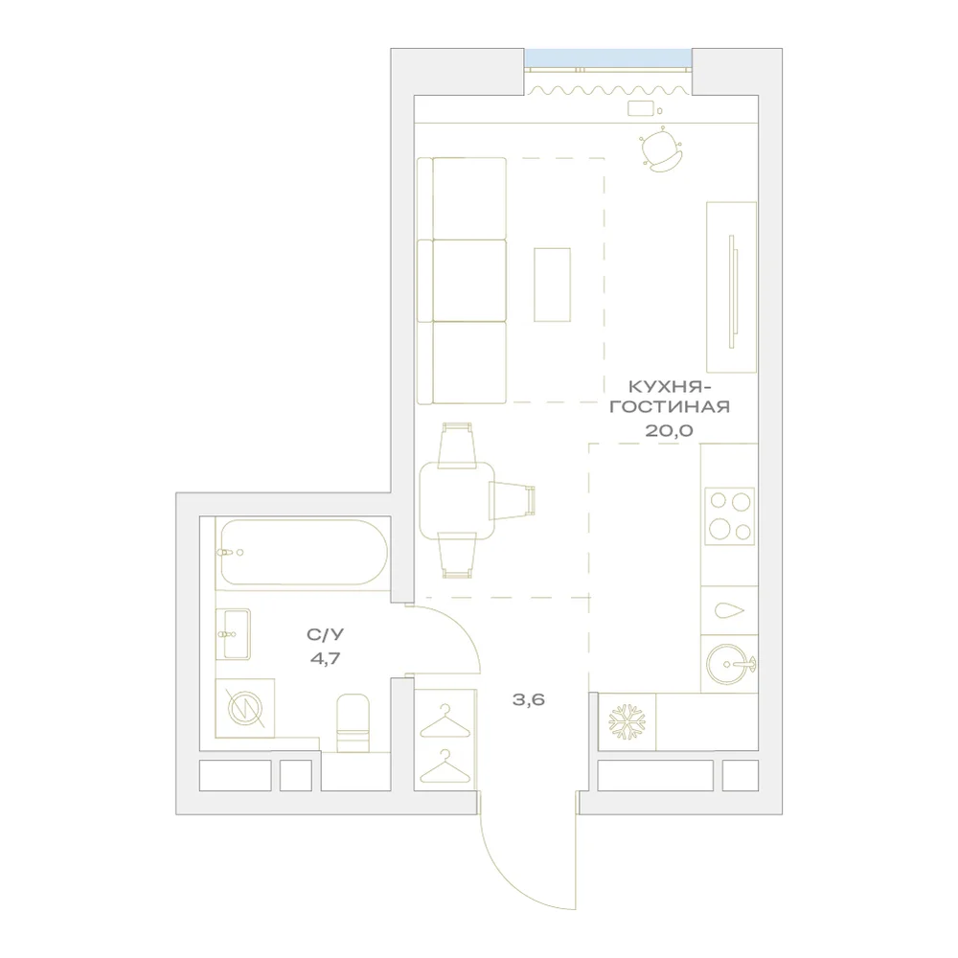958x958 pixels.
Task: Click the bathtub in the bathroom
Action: [x=303, y=553]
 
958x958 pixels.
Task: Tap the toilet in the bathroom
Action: [x=354, y=722]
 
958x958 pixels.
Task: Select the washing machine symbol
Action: [x=245, y=709]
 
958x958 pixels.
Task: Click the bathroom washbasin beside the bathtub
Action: [x=233, y=634]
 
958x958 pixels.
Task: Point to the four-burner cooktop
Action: [x=729, y=516]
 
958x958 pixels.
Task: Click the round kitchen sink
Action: [x=729, y=664]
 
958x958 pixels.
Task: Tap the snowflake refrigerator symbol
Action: [x=627, y=721]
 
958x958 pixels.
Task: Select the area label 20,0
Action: [x=669, y=431]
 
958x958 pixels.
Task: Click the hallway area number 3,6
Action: [x=529, y=699]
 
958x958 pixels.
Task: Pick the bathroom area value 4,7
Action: [x=325, y=659]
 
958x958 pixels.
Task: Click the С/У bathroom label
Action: [x=325, y=635]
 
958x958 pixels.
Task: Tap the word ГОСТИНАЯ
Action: [x=670, y=407]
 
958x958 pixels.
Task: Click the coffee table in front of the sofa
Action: [x=553, y=285]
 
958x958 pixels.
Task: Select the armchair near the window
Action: [x=660, y=149]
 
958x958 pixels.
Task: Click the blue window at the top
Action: [x=608, y=58]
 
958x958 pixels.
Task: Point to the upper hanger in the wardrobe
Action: [x=445, y=721]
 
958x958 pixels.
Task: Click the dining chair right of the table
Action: [x=512, y=500]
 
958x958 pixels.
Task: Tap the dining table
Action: [x=457, y=501]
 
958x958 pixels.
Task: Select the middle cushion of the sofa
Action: [x=469, y=281]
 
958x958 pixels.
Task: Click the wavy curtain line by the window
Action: [x=608, y=90]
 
